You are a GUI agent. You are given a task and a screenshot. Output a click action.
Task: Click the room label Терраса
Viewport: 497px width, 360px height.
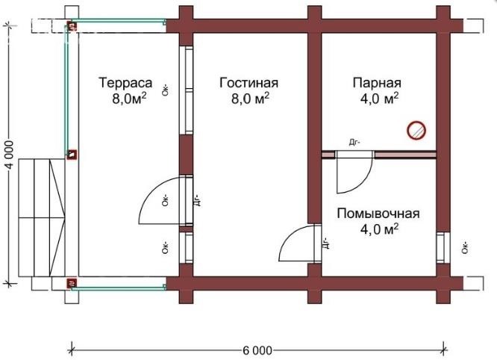(125, 83)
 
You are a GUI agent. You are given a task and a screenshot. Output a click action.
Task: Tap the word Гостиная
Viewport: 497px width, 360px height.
(248, 83)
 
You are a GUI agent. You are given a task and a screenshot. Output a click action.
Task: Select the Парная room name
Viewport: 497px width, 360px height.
(377, 83)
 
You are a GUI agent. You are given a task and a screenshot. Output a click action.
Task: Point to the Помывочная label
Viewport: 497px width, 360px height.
(378, 214)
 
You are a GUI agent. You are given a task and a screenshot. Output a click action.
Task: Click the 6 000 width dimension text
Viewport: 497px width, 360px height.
(257, 350)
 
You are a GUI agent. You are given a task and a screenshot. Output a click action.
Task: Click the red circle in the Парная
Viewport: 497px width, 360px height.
(416, 131)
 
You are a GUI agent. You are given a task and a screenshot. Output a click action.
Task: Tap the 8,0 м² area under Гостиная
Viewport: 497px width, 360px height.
(250, 99)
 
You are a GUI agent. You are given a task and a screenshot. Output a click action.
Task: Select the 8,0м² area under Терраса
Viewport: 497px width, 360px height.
(129, 99)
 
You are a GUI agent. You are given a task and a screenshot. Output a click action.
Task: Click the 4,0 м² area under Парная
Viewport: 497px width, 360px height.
(379, 99)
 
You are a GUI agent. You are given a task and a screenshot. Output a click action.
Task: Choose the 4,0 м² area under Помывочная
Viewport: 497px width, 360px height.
(379, 229)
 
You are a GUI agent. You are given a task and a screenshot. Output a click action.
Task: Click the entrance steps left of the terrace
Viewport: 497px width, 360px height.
(42, 217)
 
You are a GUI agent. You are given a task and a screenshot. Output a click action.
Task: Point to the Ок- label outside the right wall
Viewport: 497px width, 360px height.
(465, 247)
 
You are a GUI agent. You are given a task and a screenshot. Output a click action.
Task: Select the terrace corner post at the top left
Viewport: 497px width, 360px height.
(72, 25)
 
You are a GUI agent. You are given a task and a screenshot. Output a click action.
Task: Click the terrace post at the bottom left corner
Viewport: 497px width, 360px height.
(72, 283)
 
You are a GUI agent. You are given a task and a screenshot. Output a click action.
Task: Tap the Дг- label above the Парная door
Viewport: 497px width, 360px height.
(354, 143)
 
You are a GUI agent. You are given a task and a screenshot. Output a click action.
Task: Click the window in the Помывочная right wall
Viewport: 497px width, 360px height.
(443, 248)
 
